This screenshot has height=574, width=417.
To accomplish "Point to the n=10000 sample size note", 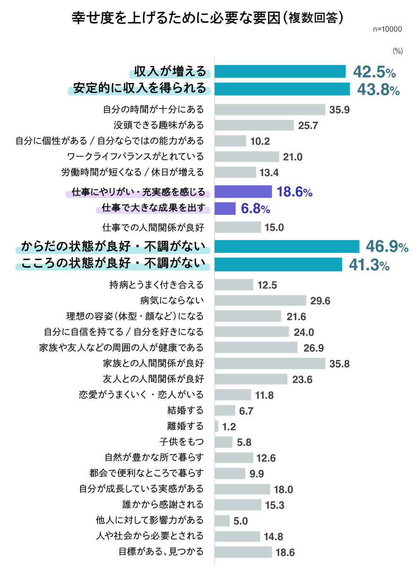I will tap(387, 29).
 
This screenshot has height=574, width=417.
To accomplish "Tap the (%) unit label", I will tap(397, 51).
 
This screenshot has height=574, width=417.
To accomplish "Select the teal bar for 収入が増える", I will tap(280, 71).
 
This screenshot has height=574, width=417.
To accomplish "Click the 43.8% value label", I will tap(378, 89).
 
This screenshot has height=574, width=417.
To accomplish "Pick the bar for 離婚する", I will tap(216, 426).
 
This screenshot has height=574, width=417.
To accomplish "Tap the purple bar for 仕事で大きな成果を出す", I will tap(225, 208).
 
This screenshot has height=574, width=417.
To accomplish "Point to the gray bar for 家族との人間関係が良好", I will tap(270, 363).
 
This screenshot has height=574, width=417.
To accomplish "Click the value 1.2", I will tap(229, 427).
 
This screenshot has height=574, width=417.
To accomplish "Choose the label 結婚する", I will tap(186, 410).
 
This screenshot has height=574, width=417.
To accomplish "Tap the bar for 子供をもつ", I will tap(224, 442).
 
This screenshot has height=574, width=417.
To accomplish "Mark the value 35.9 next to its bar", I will tap(339, 110).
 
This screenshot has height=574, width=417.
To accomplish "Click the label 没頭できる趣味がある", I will tap(159, 125).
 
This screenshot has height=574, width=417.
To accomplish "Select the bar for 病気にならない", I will tap(260, 300).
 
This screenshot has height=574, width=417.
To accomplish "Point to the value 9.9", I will tap(256, 474).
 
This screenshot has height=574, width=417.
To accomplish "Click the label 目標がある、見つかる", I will tap(161, 551).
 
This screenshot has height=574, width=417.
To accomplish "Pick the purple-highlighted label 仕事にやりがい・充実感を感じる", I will tap(138, 192).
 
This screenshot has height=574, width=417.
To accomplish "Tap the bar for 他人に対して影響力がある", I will tap(222, 521).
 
